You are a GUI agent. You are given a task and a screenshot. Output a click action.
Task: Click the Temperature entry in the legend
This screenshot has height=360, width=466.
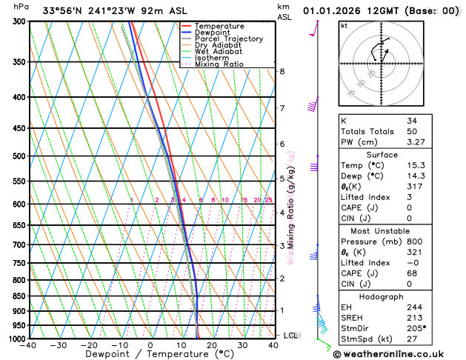coord(220,27)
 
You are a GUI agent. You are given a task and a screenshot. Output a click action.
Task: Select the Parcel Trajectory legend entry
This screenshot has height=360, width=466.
coord(228,39)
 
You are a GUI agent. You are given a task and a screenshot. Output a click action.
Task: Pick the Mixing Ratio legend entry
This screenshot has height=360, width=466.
coord(219,64)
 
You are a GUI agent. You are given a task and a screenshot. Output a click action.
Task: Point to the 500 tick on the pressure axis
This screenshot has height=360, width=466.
coord(19,156)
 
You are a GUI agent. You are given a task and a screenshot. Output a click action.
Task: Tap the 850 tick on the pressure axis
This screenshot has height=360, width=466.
coord(19,296)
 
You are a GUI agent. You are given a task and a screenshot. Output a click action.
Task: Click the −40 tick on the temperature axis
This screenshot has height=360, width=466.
coord(29,345)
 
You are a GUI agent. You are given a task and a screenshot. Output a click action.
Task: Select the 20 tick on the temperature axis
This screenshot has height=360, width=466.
coord(212,345)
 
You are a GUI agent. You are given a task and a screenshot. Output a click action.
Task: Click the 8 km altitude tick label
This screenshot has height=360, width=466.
coord(282,71)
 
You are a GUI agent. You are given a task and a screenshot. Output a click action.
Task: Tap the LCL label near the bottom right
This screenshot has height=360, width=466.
coord(292,336)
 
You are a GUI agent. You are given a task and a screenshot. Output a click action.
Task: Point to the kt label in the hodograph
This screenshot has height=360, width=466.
coord(344,25)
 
